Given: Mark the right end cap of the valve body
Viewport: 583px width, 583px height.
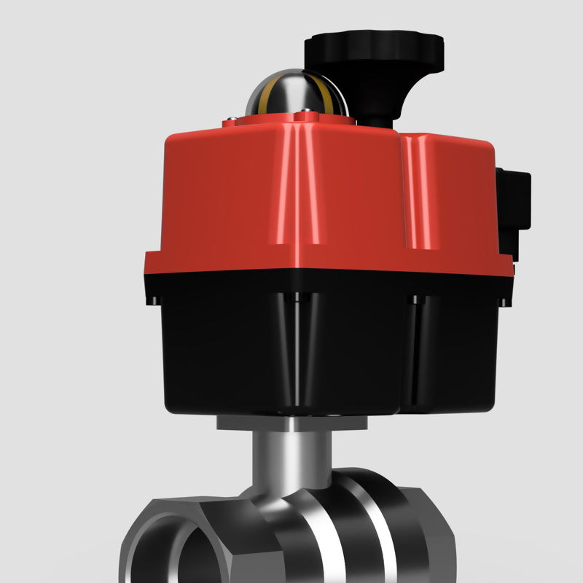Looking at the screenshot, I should pyautogui.click(x=408, y=525).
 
